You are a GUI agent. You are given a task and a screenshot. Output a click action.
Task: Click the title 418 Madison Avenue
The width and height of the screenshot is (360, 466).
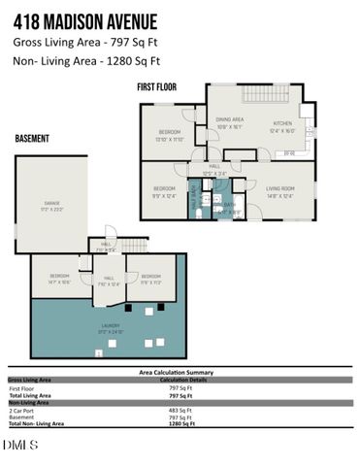pos(91,17)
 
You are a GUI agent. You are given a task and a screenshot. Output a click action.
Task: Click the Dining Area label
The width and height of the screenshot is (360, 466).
pos(229,121)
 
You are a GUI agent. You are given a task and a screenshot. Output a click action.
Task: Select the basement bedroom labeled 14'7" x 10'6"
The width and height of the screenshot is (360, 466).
pos(60,279)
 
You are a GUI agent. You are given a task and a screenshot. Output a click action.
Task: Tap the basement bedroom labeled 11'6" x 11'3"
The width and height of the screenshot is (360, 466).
pos(150,279)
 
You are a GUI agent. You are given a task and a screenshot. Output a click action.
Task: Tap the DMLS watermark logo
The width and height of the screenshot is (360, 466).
pos(20,445)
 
